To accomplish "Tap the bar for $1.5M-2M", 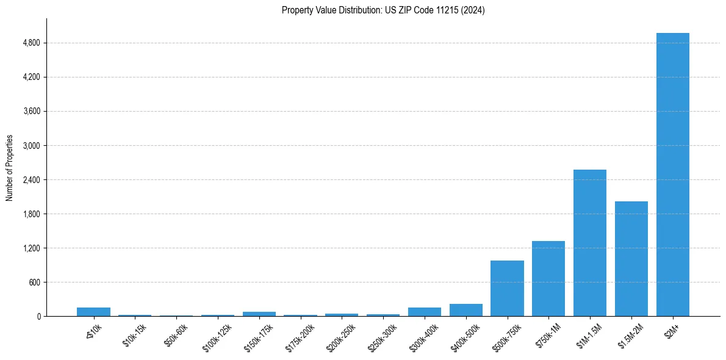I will tap(631, 259).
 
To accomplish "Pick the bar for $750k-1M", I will tap(548, 279).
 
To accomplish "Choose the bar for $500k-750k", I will tap(507, 289).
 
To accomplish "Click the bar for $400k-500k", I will tap(465, 310).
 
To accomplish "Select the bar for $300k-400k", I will tap(425, 312).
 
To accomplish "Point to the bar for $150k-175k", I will tap(259, 314).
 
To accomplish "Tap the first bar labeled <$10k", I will tap(93, 312).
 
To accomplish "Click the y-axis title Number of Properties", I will tap(9, 167).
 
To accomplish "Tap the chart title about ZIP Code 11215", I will tap(383, 10).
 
